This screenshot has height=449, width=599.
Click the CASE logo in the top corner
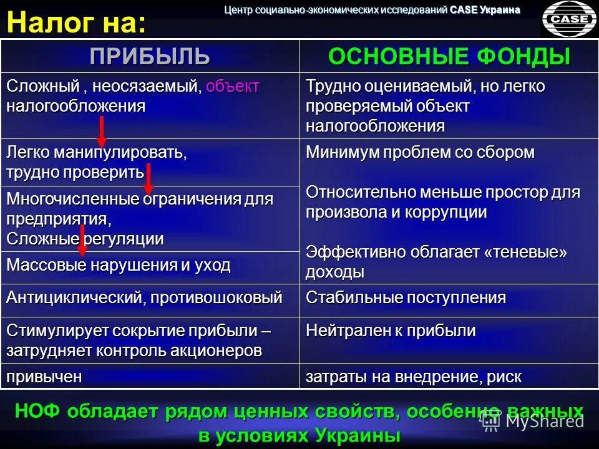tap(568, 19)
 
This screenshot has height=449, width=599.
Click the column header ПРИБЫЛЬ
tap(150, 56)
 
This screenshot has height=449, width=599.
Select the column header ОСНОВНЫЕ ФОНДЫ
tap(449, 56)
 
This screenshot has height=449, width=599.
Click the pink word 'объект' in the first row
tap(232, 87)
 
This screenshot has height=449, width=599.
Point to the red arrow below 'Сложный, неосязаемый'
tap(102, 132)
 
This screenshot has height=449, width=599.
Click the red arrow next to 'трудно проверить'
tap(149, 179)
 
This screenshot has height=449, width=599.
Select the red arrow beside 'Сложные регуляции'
tap(82, 240)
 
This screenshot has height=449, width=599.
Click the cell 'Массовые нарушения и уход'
tap(119, 265)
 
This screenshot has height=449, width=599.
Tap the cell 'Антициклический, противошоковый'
tap(144, 297)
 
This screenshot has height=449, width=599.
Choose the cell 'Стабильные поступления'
tap(406, 297)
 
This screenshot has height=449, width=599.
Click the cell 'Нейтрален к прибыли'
tap(391, 331)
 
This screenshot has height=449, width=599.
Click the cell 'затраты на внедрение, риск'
tap(414, 377)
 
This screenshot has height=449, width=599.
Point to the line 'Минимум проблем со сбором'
tap(420, 153)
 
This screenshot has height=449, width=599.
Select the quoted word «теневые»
tap(526, 252)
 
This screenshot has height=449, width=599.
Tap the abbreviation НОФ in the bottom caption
tap(37, 412)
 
